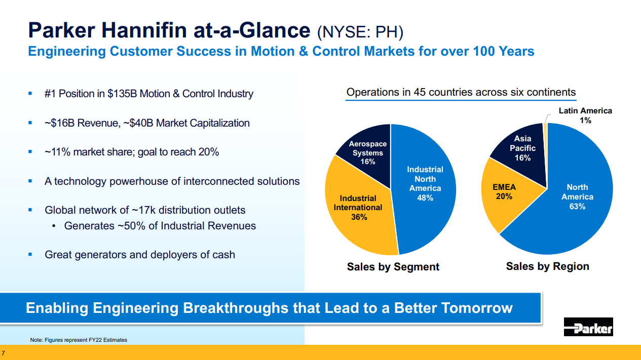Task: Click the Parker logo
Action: coord(588,327)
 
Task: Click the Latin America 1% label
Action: coord(585,115)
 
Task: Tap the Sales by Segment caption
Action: coord(393,267)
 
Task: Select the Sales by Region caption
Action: coord(547,266)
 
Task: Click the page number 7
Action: coord(4,352)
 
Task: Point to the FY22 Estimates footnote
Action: coord(79,340)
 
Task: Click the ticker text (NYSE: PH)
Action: coord(360,32)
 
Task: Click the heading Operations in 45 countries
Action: coord(461,92)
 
